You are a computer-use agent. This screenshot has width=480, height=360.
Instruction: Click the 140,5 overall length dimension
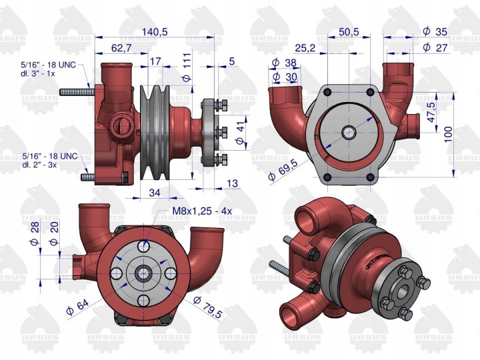click(x=155, y=32)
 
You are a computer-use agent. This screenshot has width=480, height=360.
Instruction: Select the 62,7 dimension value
click(x=121, y=48)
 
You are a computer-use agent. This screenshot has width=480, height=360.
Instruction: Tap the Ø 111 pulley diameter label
click(x=187, y=67)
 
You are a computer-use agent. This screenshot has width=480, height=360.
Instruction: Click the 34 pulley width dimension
click(x=154, y=193)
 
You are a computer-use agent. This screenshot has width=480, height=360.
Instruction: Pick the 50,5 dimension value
click(x=349, y=32)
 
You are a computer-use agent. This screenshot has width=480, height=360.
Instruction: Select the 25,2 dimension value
click(x=305, y=48)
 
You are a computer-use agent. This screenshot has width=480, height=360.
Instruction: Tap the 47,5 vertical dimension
click(x=431, y=113)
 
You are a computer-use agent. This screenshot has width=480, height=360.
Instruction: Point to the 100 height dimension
click(x=448, y=135)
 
